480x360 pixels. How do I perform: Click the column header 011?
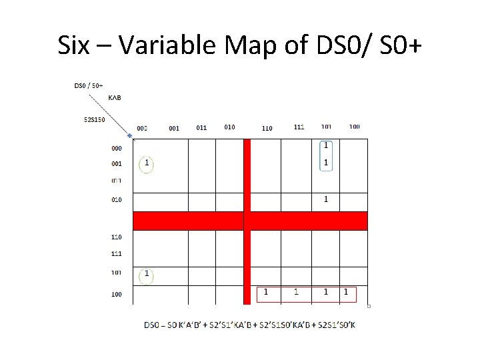pos(201,127)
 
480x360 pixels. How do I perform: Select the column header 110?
pos(267,128)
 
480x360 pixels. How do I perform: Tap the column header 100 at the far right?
pos(354,127)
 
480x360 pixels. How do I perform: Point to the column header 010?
pos(229,127)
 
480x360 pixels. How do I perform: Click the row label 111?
pos(117,254)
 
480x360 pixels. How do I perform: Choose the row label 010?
pos(117,199)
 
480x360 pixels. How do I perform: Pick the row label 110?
pos(117,237)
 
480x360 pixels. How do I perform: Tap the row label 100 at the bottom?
pos(117,294)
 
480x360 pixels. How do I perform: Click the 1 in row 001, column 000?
pos(146,163)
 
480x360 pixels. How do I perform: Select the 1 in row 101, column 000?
pos(146,274)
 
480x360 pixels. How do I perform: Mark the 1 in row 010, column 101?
pos(326,199)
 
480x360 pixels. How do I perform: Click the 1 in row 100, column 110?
pos(266,292)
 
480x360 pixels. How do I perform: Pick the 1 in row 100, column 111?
pos(297,292)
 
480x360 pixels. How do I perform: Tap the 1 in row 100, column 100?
pos(345,292)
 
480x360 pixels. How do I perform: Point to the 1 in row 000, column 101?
pos(326,145)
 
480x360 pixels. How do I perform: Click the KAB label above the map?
pos(114,98)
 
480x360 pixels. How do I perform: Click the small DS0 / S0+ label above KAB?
pos(87,85)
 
